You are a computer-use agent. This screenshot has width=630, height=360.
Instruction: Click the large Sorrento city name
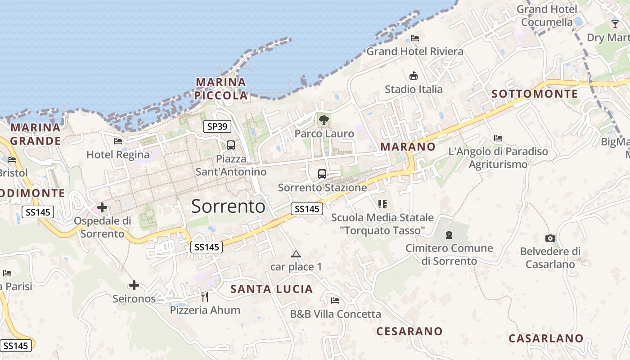[228, 206]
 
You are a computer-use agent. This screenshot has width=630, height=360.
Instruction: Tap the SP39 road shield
[217, 126]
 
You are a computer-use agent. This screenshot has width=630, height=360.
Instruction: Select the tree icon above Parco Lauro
[324, 120]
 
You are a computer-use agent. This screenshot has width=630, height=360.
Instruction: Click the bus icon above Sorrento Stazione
[322, 174]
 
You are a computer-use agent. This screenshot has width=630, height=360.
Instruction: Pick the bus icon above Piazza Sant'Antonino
[231, 145]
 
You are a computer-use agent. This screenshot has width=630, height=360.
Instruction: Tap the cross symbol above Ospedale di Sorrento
[102, 207]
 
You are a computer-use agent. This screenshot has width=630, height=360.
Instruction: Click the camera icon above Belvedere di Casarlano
[550, 238]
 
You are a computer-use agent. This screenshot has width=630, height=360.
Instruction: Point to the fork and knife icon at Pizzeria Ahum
[205, 297]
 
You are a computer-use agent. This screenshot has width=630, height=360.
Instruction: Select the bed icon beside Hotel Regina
[118, 141]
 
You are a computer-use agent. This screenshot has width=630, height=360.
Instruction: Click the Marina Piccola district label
[221, 89]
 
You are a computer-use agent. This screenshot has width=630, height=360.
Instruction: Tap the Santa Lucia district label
[271, 289]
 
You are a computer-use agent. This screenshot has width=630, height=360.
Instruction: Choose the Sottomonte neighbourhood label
[535, 94]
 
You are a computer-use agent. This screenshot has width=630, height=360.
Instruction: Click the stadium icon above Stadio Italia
[414, 76]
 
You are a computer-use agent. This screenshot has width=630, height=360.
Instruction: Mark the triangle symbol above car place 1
[296, 254]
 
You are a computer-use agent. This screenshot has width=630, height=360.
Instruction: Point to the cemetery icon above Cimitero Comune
[449, 234]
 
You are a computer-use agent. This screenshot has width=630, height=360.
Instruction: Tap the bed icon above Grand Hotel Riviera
[415, 38]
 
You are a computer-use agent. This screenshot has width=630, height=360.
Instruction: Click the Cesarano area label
[409, 331]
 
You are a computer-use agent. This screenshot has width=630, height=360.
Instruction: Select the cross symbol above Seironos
[134, 285]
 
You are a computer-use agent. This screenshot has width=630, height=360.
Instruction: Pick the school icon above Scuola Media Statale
[382, 204]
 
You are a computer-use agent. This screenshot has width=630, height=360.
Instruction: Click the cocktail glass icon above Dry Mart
[615, 24]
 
